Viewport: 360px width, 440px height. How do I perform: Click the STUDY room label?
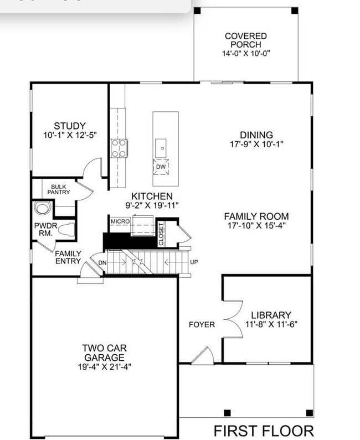[70, 126]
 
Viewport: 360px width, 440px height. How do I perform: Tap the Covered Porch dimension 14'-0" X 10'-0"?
[246, 53]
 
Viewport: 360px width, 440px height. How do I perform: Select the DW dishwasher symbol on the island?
[161, 167]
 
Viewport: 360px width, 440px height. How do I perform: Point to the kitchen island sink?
[161, 148]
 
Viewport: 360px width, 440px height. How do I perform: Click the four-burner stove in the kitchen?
[119, 148]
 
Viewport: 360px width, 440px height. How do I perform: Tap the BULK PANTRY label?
[58, 189]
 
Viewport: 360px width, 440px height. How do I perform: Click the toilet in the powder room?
[66, 229]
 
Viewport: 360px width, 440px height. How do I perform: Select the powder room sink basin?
[42, 208]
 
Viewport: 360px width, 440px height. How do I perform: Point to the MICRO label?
[120, 221]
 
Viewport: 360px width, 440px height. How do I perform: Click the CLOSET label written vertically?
[161, 235]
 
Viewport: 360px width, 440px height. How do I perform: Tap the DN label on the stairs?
[102, 263]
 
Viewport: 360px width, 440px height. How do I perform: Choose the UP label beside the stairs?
[194, 262]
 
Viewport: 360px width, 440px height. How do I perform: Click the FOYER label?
[202, 325]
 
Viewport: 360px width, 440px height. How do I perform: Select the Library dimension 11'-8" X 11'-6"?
[271, 325]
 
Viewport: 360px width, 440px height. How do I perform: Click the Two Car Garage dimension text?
[105, 367]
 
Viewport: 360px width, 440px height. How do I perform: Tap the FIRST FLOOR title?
[264, 431]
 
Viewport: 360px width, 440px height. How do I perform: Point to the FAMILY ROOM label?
[256, 216]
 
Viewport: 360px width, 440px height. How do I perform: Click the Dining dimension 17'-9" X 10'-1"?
[256, 144]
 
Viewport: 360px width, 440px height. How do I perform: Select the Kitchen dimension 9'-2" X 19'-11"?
[152, 205]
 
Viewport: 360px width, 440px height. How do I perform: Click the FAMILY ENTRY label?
[68, 257]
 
